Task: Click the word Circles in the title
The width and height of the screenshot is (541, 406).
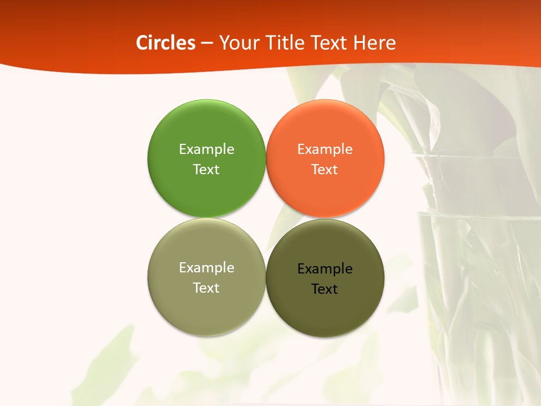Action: [x=166, y=43]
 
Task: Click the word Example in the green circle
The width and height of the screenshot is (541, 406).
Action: [x=206, y=149]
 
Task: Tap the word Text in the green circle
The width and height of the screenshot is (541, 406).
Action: [x=206, y=170]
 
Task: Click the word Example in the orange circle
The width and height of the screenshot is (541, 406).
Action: [x=325, y=149]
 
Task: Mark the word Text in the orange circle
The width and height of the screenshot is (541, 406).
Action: [x=325, y=170]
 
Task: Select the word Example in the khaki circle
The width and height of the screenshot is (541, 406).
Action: [x=206, y=268]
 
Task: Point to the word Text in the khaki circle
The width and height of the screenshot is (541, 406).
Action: [x=206, y=288]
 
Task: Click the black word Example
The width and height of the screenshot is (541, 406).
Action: [x=325, y=269]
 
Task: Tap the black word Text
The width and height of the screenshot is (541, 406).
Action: [x=325, y=289]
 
